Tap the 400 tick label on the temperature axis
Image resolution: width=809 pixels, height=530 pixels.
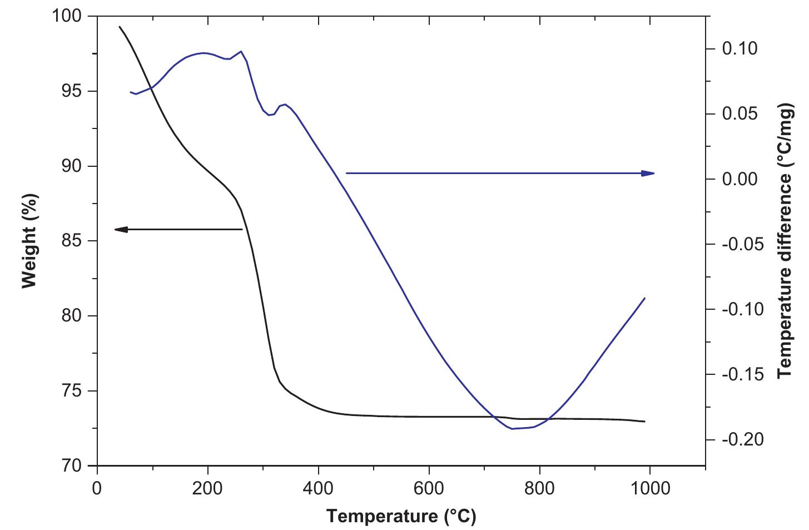click(318, 489)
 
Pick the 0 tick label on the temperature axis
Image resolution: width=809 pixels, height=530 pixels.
click(97, 489)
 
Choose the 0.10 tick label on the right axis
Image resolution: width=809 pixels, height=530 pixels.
click(739, 49)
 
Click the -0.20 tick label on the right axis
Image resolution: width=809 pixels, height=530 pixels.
click(739, 440)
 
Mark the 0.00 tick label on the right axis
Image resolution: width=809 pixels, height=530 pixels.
click(739, 179)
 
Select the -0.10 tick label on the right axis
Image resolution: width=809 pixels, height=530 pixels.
click(739, 309)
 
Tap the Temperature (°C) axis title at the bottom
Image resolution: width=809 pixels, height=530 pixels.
click(401, 517)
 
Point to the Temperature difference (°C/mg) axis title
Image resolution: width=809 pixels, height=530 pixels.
click(785, 241)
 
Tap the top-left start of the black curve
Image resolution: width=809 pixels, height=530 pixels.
click(120, 26)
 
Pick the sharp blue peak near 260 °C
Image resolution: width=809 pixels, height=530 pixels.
click(241, 51)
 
